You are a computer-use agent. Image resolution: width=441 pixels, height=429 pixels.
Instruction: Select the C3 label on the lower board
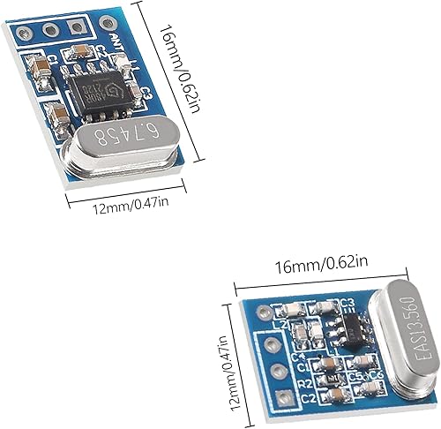[x=348, y=304]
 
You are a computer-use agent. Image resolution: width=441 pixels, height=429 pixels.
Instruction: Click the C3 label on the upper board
[x=146, y=89]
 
